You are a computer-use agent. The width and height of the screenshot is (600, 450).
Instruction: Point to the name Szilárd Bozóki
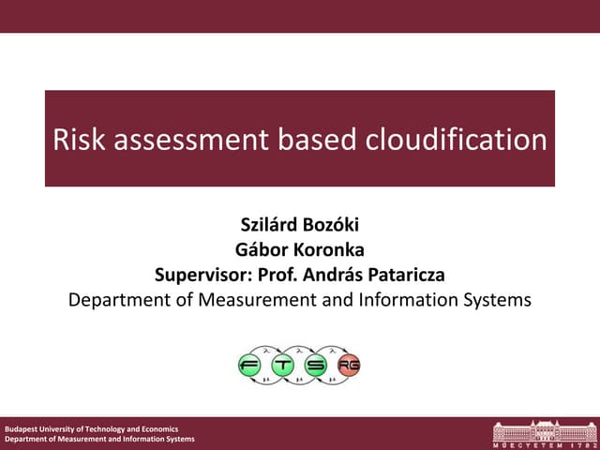[x=300, y=226]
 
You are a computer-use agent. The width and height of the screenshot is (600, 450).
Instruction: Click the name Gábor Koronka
[x=300, y=250]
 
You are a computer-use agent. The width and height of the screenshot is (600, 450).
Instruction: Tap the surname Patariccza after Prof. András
[x=398, y=276]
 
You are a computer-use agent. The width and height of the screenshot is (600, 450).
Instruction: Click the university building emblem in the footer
[x=542, y=431]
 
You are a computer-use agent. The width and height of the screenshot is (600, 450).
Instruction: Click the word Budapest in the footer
[x=22, y=428]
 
